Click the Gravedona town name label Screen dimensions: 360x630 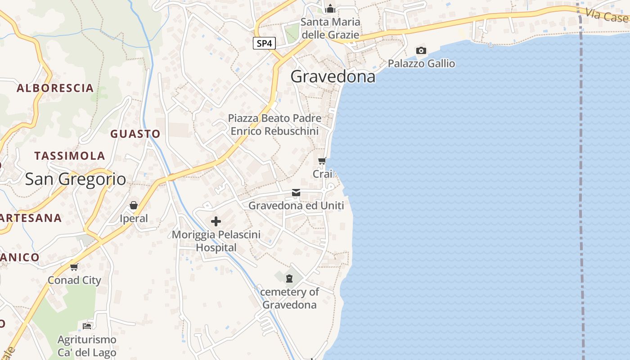pyautogui.click(x=333, y=76)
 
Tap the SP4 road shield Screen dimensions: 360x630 pyautogui.click(x=264, y=44)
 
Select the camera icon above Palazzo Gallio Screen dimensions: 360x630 pyautogui.click(x=421, y=50)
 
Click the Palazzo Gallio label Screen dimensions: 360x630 pyautogui.click(x=421, y=63)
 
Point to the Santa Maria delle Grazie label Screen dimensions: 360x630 pyautogui.click(x=330, y=28)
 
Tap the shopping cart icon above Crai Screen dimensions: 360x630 pyautogui.click(x=322, y=161)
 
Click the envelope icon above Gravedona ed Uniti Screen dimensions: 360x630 pyautogui.click(x=296, y=193)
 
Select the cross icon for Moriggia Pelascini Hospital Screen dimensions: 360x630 pyautogui.click(x=216, y=221)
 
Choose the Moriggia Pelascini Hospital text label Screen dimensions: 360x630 pyautogui.click(x=216, y=241)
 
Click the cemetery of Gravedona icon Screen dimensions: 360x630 pyautogui.click(x=289, y=278)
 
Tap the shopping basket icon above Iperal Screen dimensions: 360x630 pyautogui.click(x=134, y=206)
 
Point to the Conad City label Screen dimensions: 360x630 pyautogui.click(x=75, y=280)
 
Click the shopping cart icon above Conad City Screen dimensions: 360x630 pyautogui.click(x=74, y=267)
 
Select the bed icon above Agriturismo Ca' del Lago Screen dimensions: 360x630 pyautogui.click(x=87, y=326)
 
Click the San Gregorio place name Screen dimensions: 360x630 pyautogui.click(x=76, y=179)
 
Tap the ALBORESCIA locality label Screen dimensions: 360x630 pyautogui.click(x=55, y=88)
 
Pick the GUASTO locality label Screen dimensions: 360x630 pyautogui.click(x=135, y=134)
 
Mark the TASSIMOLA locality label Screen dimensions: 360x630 pyautogui.click(x=70, y=156)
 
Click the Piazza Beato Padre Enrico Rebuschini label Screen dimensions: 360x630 pyautogui.click(x=274, y=125)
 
